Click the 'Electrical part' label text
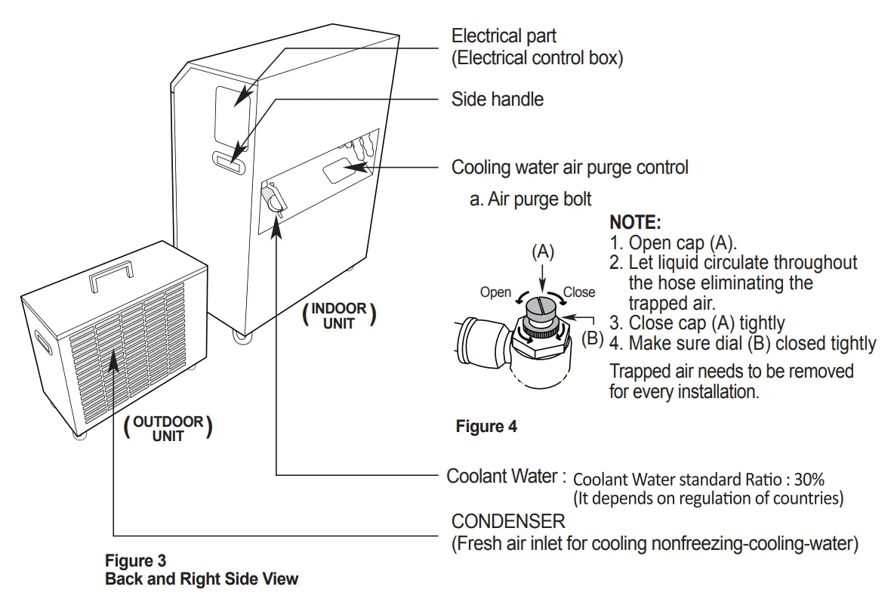pyautogui.click(x=504, y=36)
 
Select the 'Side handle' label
pyautogui.click(x=497, y=99)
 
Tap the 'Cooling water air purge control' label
pyautogui.click(x=569, y=167)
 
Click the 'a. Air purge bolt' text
pyautogui.click(x=530, y=199)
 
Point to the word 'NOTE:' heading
pyautogui.click(x=635, y=223)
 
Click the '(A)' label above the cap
pyautogui.click(x=543, y=252)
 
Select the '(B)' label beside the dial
pyautogui.click(x=593, y=338)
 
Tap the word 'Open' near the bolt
pyautogui.click(x=495, y=292)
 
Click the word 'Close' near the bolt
pyautogui.click(x=579, y=292)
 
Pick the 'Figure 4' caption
pyautogui.click(x=486, y=427)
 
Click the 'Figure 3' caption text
pyautogui.click(x=135, y=560)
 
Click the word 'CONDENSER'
pyautogui.click(x=507, y=521)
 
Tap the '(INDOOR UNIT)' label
pyautogui.click(x=339, y=316)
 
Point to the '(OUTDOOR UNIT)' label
pyautogui.click(x=168, y=428)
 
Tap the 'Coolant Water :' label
pyautogui.click(x=506, y=476)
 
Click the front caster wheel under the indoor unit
pyautogui.click(x=242, y=337)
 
